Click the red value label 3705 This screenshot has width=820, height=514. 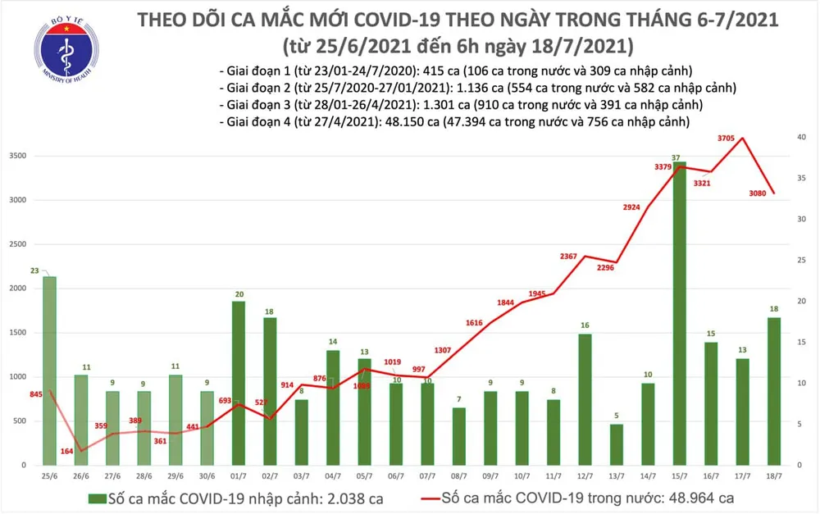point(726,139)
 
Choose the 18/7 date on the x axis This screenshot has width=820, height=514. point(774,476)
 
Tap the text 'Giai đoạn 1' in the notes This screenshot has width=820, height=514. point(256,70)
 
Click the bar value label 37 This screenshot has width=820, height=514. point(674,157)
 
